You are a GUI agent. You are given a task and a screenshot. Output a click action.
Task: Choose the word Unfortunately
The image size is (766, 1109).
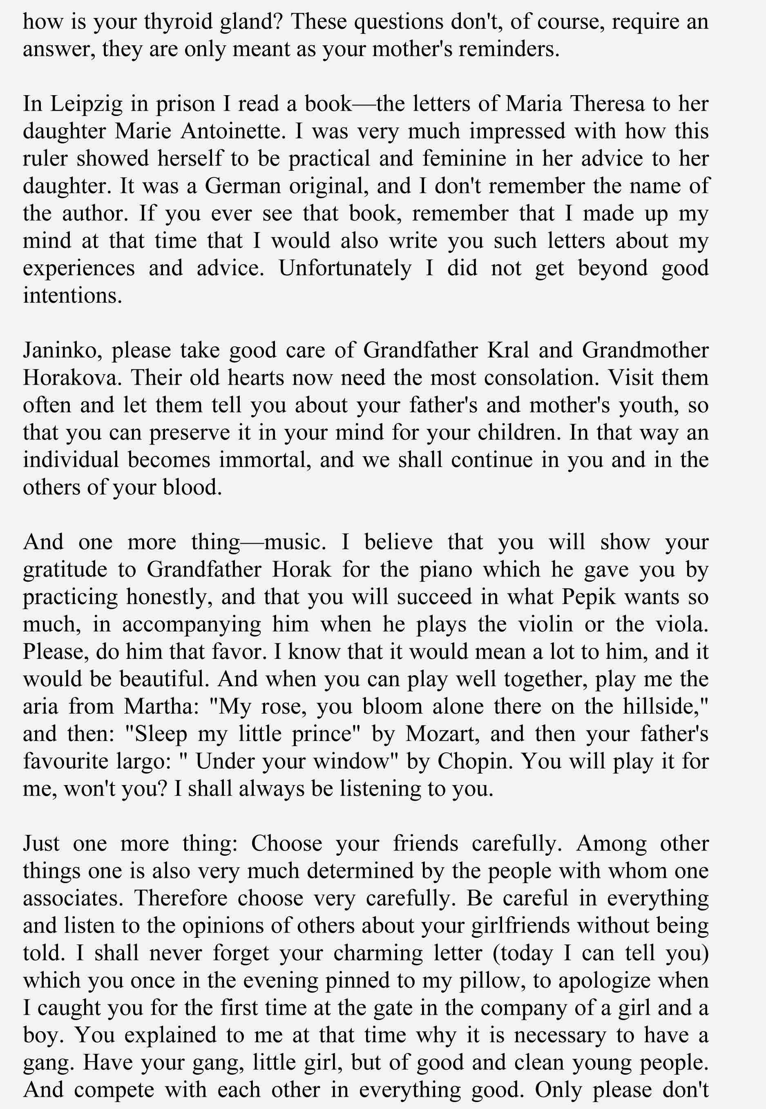click(x=345, y=268)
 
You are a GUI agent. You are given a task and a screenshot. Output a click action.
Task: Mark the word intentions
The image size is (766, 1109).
click(x=72, y=296)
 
